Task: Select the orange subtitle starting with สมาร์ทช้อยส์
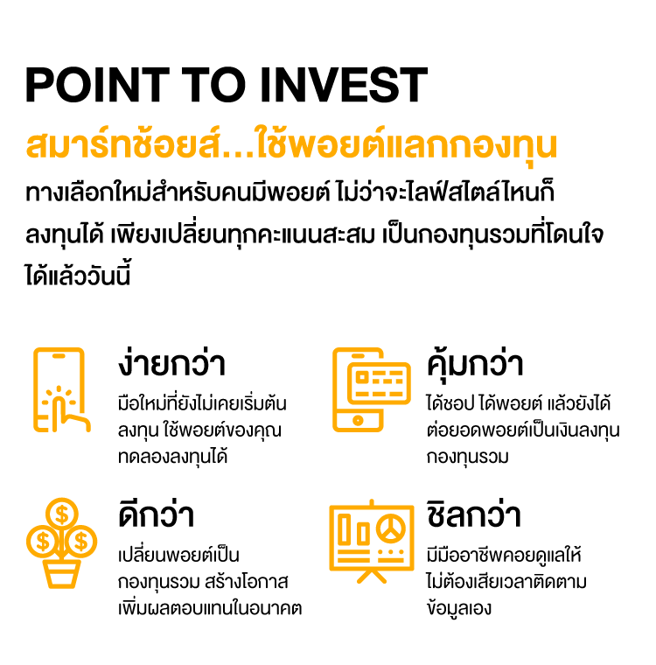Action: [x=291, y=145]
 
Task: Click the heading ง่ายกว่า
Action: [x=172, y=363]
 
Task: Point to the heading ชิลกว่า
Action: [x=473, y=514]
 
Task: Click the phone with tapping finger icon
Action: [x=60, y=390]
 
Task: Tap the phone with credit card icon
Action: [x=370, y=390]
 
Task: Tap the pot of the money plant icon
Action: [x=61, y=573]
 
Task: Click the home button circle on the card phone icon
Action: [x=356, y=420]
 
